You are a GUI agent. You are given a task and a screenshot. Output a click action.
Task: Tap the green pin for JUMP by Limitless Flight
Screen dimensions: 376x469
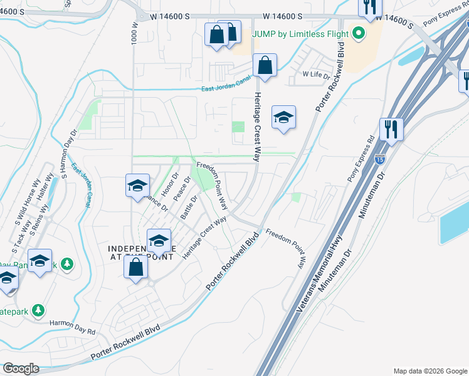pyautogui.click(x=359, y=32)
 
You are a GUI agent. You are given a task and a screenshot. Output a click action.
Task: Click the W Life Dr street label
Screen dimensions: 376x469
pyautogui.click(x=316, y=75)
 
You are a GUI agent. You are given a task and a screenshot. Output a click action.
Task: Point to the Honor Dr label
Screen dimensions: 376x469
pyautogui.click(x=166, y=183)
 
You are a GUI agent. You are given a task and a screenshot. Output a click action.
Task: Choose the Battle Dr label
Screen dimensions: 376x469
pyautogui.click(x=189, y=207)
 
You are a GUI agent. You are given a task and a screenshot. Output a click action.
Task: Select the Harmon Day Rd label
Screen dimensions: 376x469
pyautogui.click(x=74, y=326)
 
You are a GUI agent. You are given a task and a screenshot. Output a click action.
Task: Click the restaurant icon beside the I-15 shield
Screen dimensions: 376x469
pyautogui.click(x=391, y=130)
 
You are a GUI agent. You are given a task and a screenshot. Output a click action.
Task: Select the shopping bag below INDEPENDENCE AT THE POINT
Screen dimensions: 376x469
pyautogui.click(x=136, y=268)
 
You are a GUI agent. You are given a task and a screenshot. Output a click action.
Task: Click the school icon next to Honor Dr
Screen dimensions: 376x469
pyautogui.click(x=137, y=185)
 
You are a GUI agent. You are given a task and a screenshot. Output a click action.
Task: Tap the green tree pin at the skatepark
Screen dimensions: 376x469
pyautogui.click(x=39, y=310)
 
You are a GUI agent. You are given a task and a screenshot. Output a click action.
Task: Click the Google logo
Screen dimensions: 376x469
pyautogui.click(x=21, y=368)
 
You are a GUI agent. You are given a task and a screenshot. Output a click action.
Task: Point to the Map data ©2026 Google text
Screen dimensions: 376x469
pyautogui.click(x=429, y=371)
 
